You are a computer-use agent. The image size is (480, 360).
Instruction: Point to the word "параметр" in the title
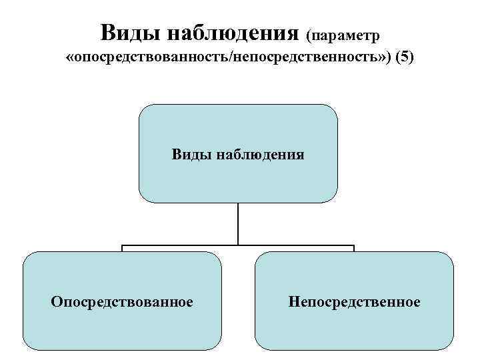(x=347, y=33)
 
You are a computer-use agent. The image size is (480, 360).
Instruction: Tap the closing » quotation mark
(x=381, y=59)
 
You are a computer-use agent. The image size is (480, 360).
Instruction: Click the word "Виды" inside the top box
(x=189, y=155)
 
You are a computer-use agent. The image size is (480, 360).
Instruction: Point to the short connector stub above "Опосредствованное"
(x=122, y=249)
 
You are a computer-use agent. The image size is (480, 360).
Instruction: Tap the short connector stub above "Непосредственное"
(x=354, y=249)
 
